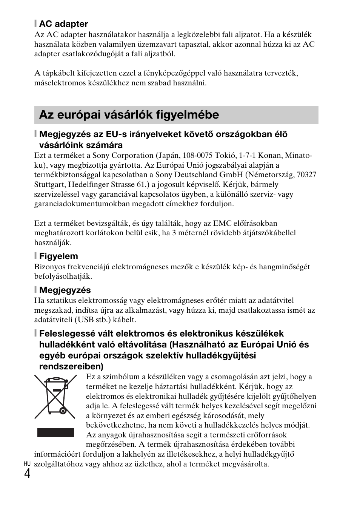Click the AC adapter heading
[x=63, y=24]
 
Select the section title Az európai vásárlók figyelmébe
[x=129, y=115]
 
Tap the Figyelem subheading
[x=58, y=256]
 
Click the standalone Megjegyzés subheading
[x=65, y=290]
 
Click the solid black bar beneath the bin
[x=55, y=432]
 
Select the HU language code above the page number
[x=27, y=464]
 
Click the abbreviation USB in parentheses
[x=85, y=320]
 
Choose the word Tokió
[x=229, y=155]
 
